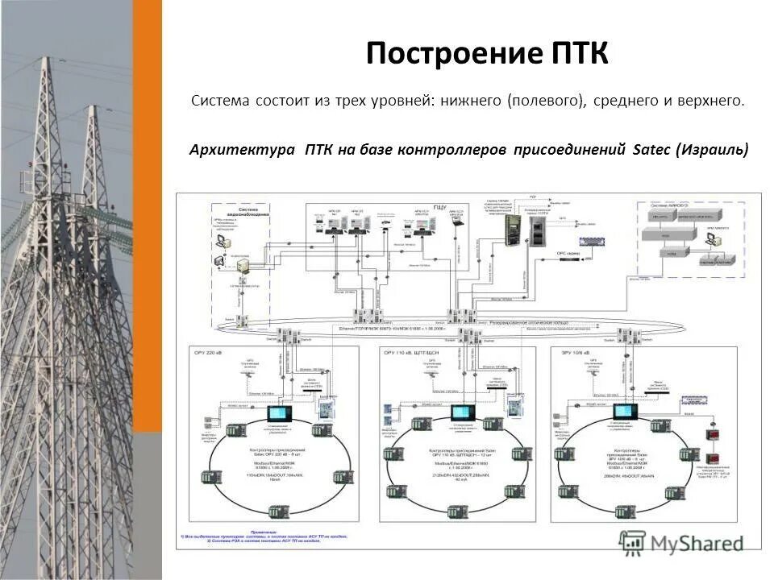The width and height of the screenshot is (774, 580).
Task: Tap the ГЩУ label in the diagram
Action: pyautogui.click(x=439, y=207)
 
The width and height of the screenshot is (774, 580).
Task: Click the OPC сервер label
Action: pyautogui.click(x=568, y=253)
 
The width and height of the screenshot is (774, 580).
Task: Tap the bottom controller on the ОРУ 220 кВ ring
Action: pyautogui.click(x=278, y=511)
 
